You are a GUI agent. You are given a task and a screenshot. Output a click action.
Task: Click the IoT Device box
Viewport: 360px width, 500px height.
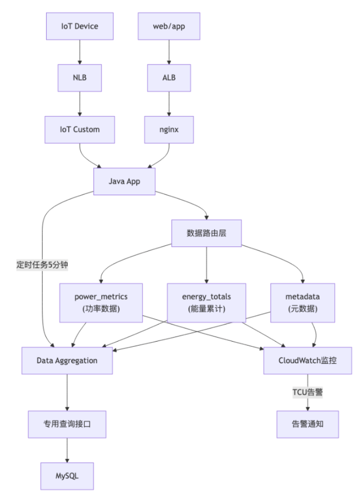point(80,25)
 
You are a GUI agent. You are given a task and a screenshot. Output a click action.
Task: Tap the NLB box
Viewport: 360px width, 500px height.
point(80,79)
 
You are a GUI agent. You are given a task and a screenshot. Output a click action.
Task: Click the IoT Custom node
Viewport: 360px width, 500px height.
point(80,130)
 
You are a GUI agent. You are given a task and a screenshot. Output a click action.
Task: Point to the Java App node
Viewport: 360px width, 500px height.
point(124,182)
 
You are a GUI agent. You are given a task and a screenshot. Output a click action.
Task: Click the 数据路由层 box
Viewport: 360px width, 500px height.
point(207,232)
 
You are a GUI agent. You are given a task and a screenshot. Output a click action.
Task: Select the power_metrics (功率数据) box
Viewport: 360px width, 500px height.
point(101,302)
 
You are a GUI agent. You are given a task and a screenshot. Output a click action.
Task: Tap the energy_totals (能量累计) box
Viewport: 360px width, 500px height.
point(207,302)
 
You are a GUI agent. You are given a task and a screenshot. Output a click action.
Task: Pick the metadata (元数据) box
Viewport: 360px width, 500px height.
point(303,302)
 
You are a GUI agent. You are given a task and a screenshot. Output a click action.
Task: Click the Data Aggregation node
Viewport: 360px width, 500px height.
point(67,360)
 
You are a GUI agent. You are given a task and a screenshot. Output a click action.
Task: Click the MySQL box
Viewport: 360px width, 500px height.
point(67,475)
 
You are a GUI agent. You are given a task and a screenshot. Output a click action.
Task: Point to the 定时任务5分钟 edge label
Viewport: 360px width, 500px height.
point(42,265)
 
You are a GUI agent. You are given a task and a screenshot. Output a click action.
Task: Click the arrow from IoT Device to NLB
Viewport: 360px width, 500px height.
point(80,52)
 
